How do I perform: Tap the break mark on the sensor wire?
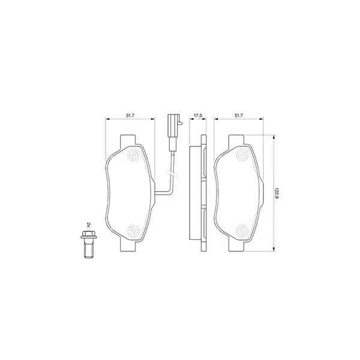172,170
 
